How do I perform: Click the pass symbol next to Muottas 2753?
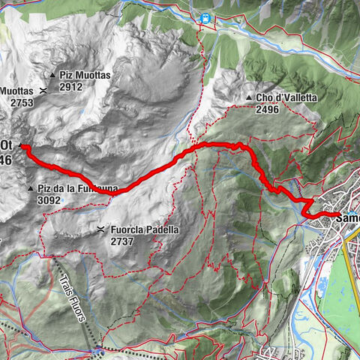coord(43,91)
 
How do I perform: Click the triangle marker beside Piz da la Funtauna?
coord(30,188)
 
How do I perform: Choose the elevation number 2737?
coord(125,241)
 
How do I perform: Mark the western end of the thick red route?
coord(22,147)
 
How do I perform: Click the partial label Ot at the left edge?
coord(6,145)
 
